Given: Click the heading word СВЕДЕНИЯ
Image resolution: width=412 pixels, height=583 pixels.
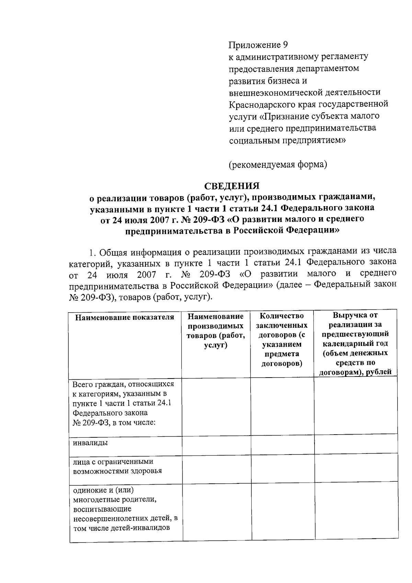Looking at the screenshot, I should (232, 186).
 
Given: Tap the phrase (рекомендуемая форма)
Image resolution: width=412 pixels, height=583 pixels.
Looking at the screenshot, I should (278, 165).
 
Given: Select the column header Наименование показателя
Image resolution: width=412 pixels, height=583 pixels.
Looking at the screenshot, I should (125, 317).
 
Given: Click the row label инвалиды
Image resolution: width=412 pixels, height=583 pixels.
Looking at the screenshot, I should (90, 443).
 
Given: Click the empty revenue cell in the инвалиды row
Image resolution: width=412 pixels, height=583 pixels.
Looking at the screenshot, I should (356, 445).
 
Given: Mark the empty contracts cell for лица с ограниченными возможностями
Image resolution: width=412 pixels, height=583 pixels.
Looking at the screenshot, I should (282, 468).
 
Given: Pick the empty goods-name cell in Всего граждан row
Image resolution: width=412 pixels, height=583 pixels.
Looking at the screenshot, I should (216, 407).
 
